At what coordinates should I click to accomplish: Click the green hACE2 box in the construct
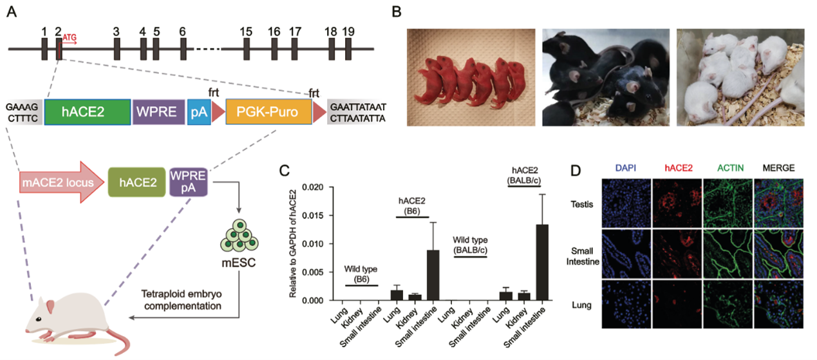86,112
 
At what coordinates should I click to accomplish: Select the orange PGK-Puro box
268,112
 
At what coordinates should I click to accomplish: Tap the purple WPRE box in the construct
158,112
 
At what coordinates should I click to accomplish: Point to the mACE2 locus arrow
58,183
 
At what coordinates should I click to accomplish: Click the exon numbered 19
348,49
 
